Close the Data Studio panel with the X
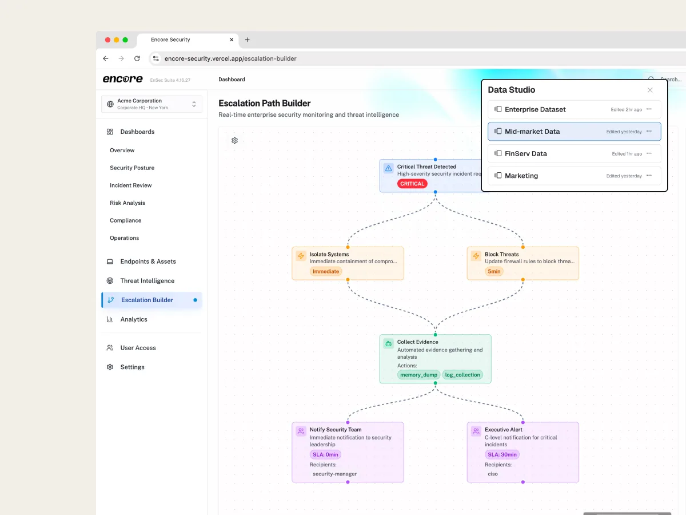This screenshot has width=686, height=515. (650, 90)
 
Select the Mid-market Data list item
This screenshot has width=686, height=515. (574, 132)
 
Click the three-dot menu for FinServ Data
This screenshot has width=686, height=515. (649, 153)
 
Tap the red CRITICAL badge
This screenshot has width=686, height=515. (412, 184)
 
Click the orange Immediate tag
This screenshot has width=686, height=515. (326, 271)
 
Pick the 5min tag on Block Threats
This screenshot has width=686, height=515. (494, 271)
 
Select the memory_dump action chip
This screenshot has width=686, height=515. (418, 375)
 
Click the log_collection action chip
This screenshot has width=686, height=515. (462, 375)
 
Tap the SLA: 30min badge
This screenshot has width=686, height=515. (502, 454)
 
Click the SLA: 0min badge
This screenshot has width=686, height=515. (325, 454)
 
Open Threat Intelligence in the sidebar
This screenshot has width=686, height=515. (147, 281)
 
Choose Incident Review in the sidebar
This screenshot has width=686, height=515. (131, 185)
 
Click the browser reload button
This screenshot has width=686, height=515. (137, 58)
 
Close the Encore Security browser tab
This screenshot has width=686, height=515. (232, 39)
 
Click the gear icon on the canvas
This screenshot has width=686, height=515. (235, 141)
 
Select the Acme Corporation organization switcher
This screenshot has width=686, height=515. (151, 104)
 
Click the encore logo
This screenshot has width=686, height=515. (123, 79)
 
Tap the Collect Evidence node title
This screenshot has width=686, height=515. (417, 342)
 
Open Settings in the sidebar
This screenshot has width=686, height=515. (132, 367)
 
